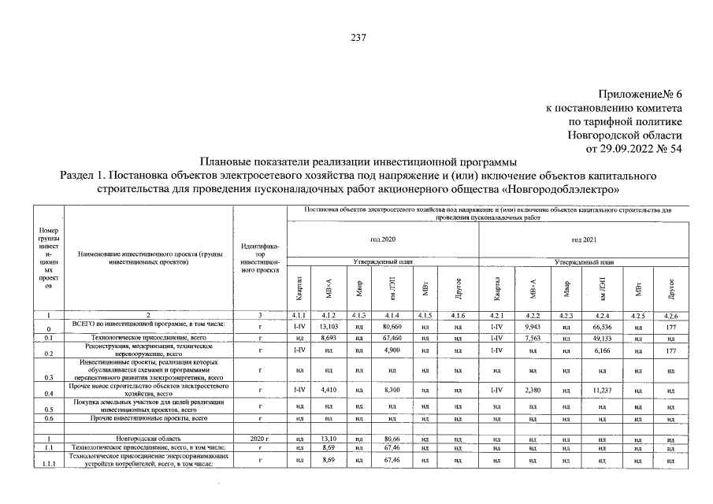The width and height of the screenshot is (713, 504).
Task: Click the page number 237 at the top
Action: point(356,37)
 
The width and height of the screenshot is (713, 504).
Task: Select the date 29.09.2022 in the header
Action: point(631,147)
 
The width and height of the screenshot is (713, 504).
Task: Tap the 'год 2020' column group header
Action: point(383,238)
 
